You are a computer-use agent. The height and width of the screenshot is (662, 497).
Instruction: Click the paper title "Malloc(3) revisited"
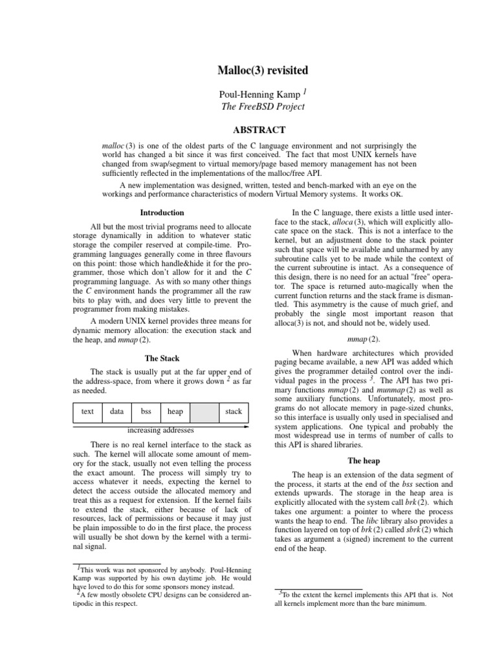coord(248,69)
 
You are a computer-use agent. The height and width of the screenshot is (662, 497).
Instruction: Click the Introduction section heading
coord(162,213)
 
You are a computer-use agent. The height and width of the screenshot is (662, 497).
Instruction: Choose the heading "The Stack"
coord(162,359)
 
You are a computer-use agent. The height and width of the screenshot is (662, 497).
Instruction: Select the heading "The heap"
coord(363,461)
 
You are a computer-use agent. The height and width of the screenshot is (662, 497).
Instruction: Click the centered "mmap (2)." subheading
coord(364,339)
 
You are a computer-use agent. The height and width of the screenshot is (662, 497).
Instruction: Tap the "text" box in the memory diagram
coord(87,411)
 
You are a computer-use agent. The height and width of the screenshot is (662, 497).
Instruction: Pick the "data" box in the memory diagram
coord(117,411)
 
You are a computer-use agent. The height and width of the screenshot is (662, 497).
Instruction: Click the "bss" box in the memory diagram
coord(146,411)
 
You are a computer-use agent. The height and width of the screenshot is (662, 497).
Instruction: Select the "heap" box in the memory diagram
coord(175,411)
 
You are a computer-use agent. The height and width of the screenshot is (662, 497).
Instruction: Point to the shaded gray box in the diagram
coord(204,411)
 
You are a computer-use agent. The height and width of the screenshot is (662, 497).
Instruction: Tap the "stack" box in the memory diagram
coord(234,411)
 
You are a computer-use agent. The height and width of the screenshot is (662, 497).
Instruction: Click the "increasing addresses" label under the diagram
coord(160,431)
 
